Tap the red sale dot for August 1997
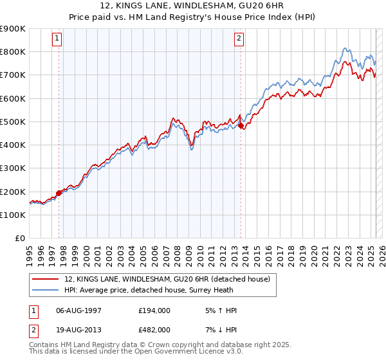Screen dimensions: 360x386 (x=59, y=192)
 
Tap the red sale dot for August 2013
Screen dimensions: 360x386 (x=241, y=126)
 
